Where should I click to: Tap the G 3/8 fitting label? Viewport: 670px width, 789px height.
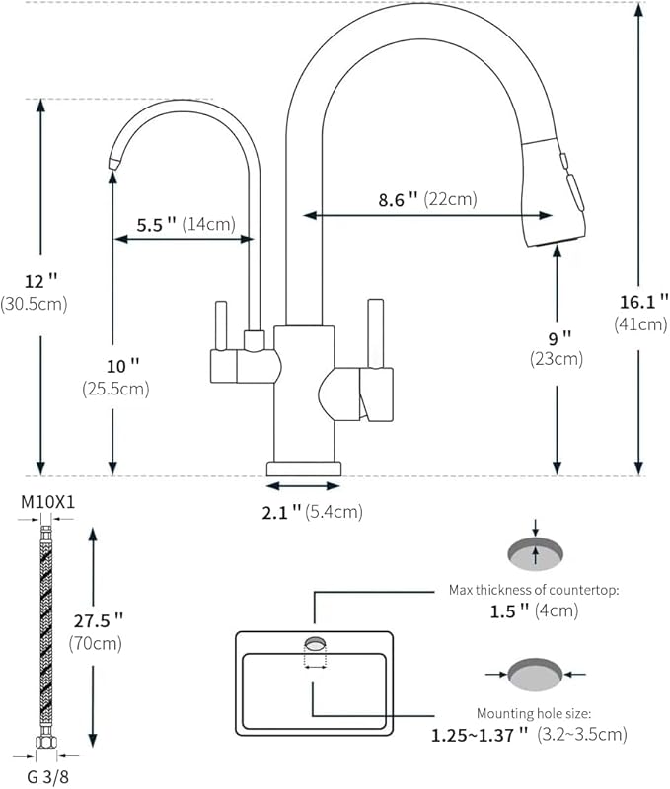click(47, 776)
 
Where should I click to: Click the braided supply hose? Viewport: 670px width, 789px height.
click(47, 641)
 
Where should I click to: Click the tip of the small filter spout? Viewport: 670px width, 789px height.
click(113, 163)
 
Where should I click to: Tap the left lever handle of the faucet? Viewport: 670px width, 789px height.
click(220, 325)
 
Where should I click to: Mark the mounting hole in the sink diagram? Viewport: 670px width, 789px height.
click(315, 643)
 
